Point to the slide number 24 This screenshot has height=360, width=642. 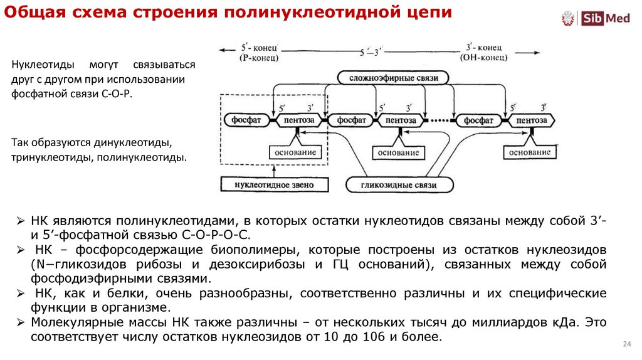pyautogui.click(x=626, y=344)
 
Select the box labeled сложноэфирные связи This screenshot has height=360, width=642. pyautogui.click(x=394, y=78)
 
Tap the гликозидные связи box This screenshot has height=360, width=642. pyautogui.click(x=399, y=185)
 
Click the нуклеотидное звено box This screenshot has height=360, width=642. pyautogui.click(x=273, y=185)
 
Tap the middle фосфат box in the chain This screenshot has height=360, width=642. pyautogui.click(x=351, y=120)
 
